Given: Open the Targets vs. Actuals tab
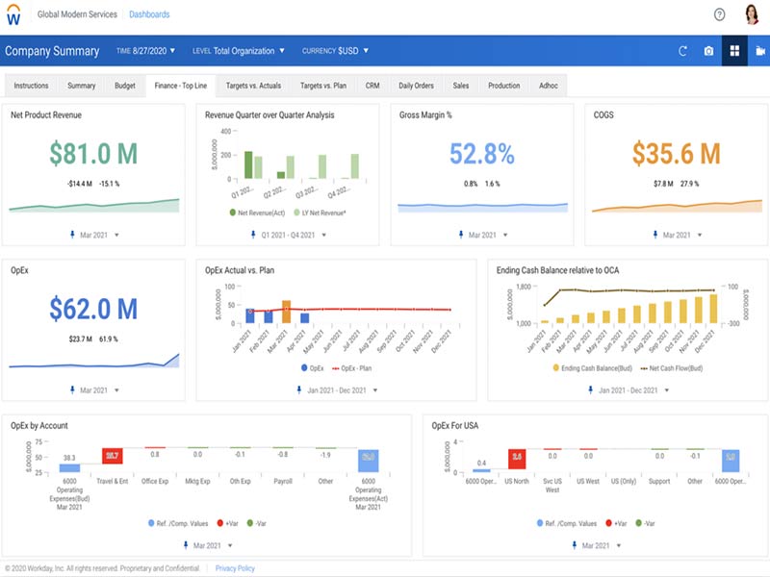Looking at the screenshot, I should click(253, 86).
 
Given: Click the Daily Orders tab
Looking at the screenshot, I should click(416, 86).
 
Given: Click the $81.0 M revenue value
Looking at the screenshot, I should click(93, 154).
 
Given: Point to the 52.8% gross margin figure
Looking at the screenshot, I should click(482, 154).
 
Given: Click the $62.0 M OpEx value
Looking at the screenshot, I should click(93, 309).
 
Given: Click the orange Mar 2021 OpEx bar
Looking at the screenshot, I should click(286, 312).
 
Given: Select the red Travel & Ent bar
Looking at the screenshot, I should click(113, 455).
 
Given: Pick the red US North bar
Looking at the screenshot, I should click(516, 455).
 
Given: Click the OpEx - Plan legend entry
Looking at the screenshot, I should click(354, 368).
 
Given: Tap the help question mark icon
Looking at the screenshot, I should click(719, 14).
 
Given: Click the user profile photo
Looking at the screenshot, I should click(752, 14).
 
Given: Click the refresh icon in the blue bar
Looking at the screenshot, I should click(682, 51).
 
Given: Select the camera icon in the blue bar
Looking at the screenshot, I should click(708, 51).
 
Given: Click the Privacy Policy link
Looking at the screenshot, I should click(235, 568).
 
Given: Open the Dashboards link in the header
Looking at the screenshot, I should click(149, 14).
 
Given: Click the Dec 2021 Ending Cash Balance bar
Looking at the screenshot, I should click(713, 308).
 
